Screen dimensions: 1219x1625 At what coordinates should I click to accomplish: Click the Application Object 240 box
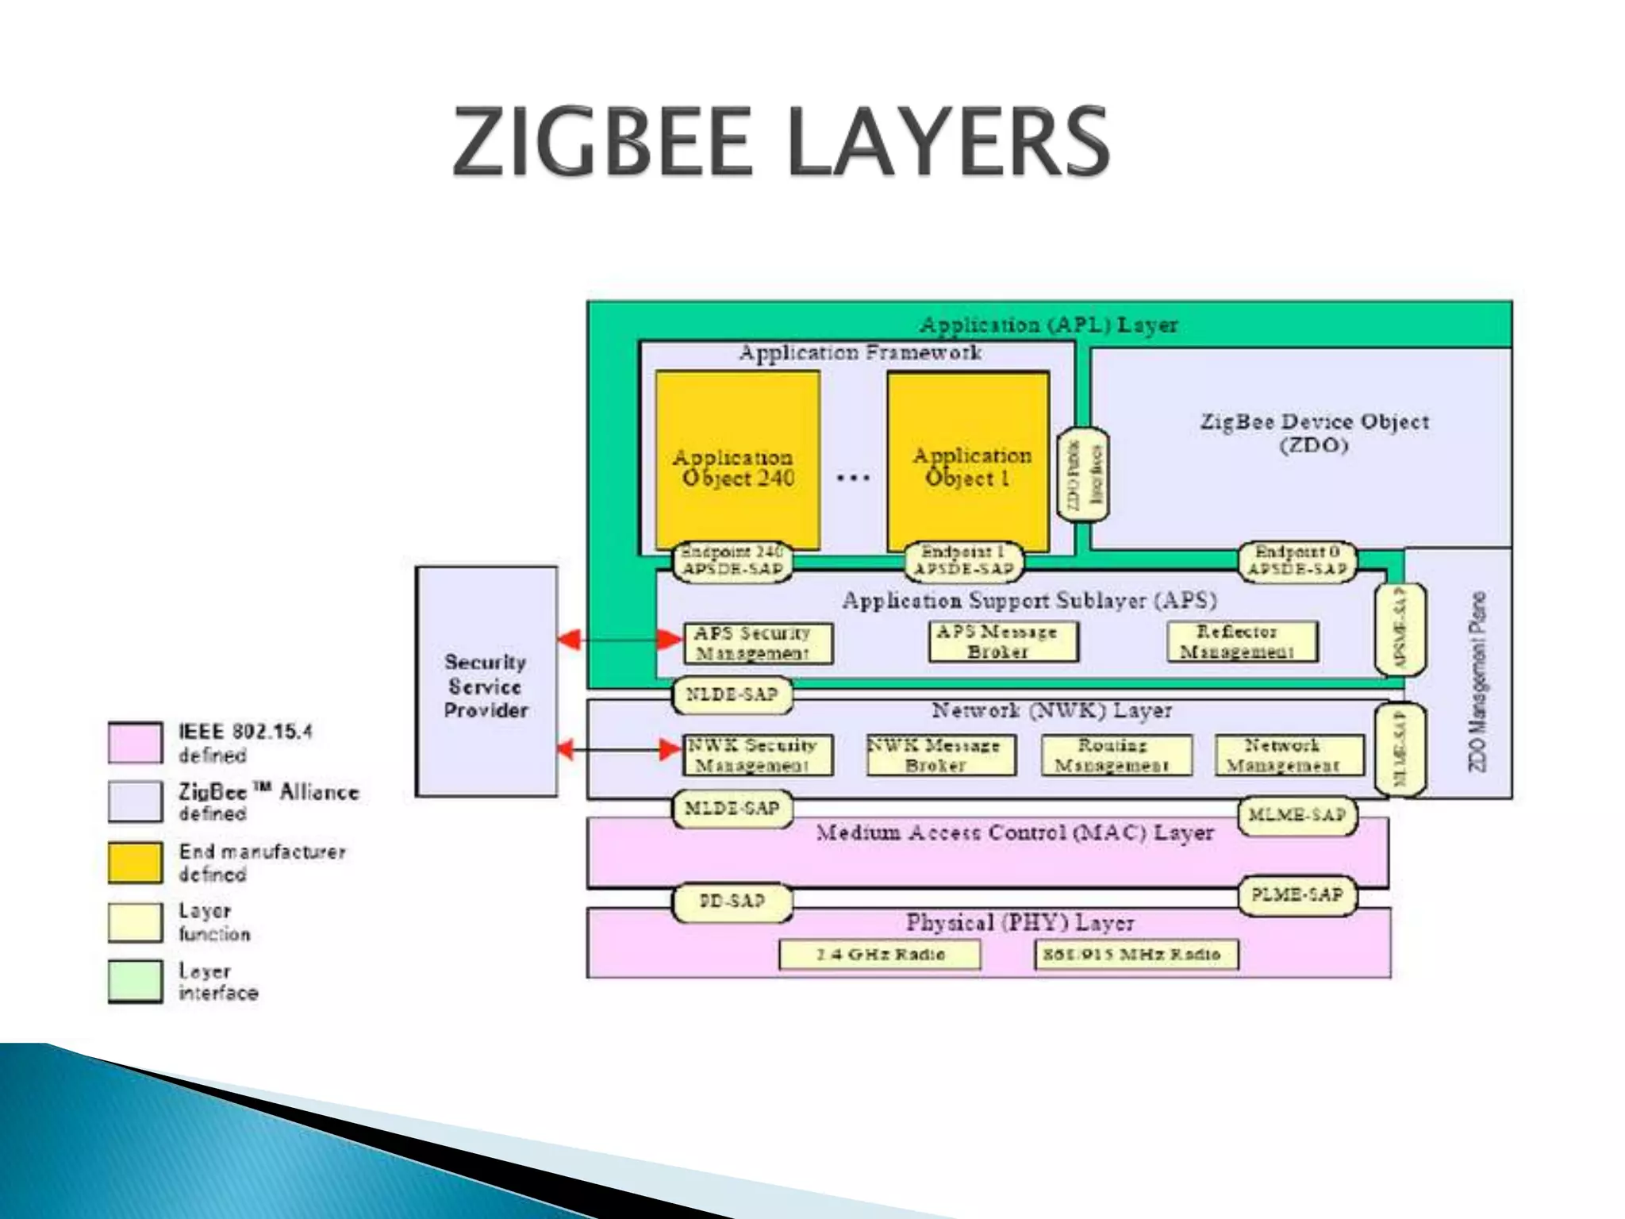[x=737, y=460]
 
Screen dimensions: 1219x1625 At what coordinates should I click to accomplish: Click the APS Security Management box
[x=758, y=643]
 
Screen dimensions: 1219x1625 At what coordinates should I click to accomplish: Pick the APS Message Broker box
[x=1003, y=641]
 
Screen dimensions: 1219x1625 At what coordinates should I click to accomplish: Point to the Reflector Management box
[x=1242, y=641]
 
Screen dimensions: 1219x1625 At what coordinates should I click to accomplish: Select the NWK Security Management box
[x=758, y=755]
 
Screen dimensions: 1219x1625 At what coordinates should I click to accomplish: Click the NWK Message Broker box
[x=940, y=755]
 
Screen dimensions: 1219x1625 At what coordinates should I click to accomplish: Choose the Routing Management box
[x=1116, y=755]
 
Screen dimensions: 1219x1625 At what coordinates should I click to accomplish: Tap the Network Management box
[x=1289, y=755]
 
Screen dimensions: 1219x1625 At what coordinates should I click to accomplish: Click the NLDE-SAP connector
[x=732, y=695]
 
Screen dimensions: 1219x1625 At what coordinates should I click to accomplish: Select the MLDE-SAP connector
[x=732, y=809]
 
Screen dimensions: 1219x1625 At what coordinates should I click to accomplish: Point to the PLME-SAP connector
[x=1297, y=895]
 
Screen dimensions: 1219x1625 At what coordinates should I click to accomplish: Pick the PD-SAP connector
[x=732, y=902]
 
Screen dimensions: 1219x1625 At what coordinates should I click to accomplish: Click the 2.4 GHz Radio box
[x=879, y=954]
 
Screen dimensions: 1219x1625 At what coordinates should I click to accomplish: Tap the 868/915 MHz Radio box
[x=1135, y=954]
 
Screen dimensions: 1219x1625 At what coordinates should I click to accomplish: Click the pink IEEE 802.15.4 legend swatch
[x=135, y=743]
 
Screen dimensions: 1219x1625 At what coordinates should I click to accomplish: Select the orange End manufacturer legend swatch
[x=135, y=862]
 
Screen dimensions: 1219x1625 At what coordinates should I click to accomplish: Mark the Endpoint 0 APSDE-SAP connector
[x=1297, y=561]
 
